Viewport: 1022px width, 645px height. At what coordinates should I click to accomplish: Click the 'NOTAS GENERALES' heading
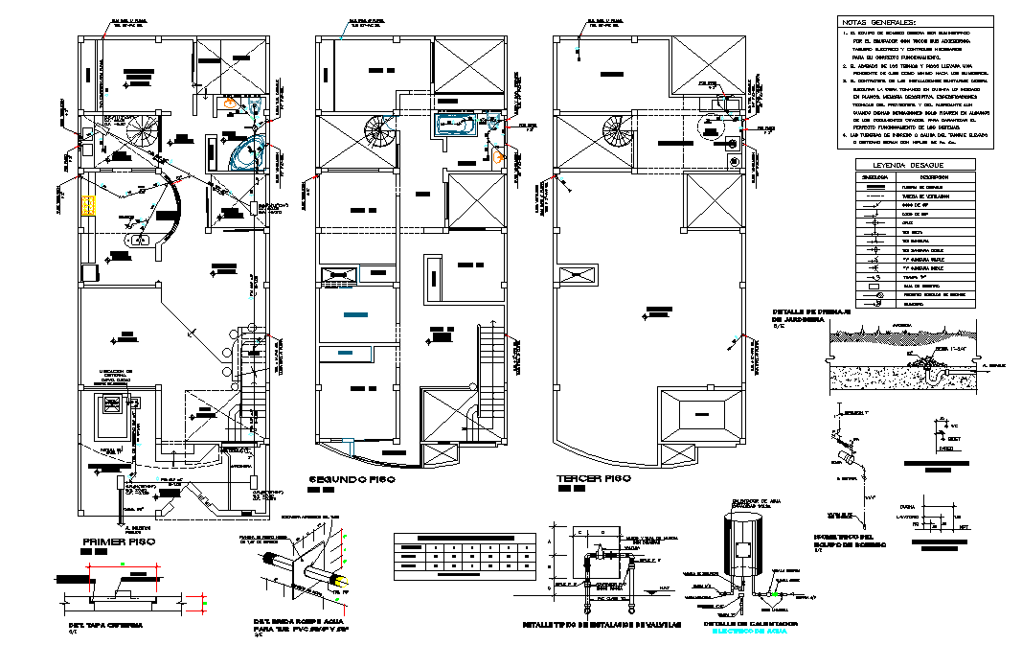[x=878, y=21]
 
